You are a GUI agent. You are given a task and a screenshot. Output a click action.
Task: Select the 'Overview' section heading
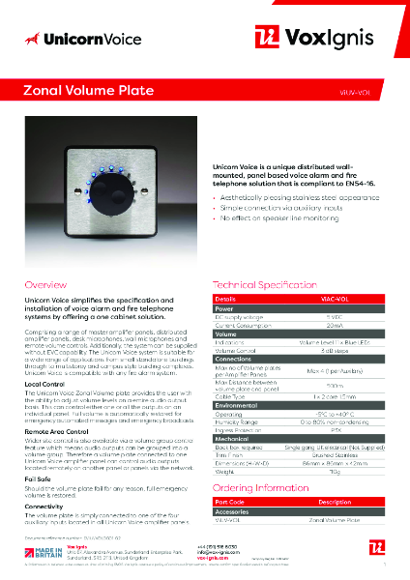pyautogui.click(x=45, y=286)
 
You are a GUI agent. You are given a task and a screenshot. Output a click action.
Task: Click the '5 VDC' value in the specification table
pyautogui.click(x=333, y=317)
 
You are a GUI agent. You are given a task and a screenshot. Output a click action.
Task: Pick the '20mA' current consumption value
pyautogui.click(x=333, y=326)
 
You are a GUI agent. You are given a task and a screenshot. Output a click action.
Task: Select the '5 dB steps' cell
pyautogui.click(x=333, y=353)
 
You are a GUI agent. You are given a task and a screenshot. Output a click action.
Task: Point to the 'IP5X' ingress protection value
pyautogui.click(x=333, y=431)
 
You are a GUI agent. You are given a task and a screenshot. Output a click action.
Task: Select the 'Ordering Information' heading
pyautogui.click(x=260, y=489)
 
